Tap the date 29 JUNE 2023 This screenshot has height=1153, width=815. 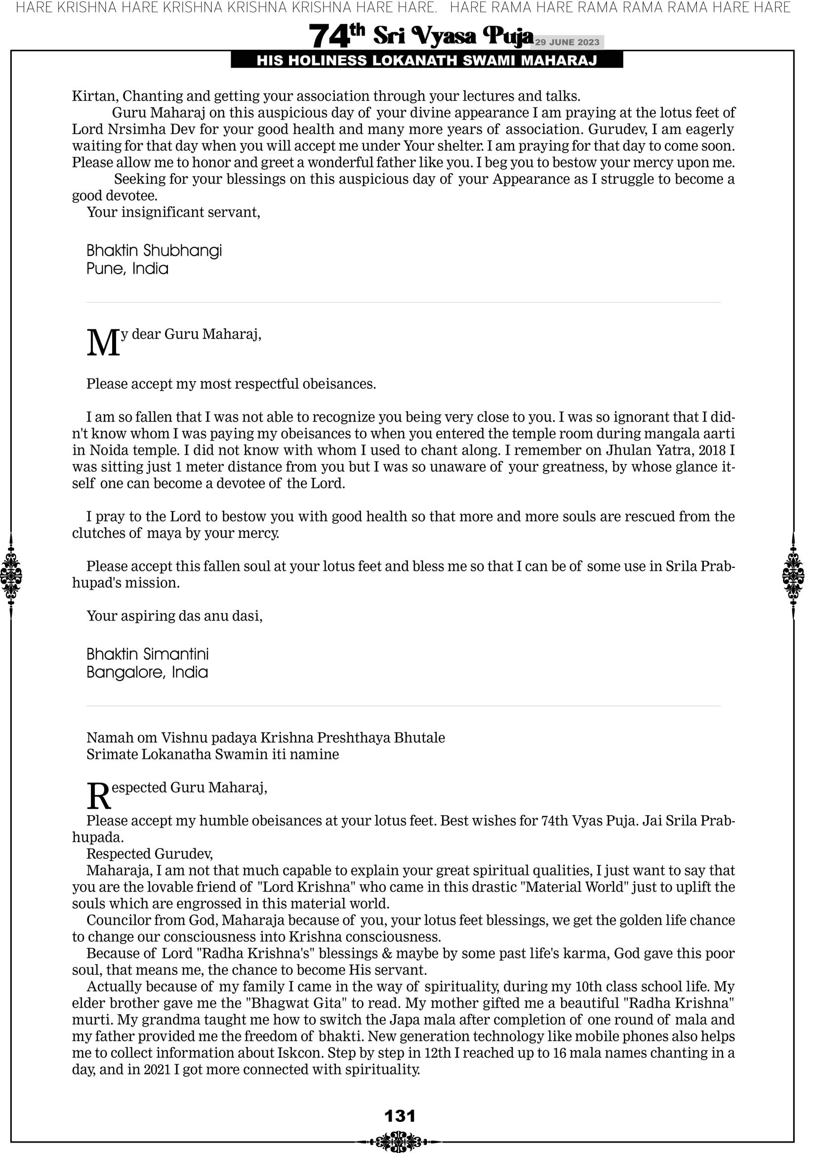point(567,42)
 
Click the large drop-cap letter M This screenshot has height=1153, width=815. point(104,344)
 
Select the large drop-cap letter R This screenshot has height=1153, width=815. point(98,797)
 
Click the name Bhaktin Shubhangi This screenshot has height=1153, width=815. point(154,250)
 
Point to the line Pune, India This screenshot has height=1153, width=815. point(127,269)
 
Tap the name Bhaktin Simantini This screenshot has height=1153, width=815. point(147,654)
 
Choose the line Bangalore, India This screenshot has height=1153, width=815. point(147,673)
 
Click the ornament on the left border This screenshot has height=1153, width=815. point(10,575)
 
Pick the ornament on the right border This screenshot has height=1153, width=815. point(793,575)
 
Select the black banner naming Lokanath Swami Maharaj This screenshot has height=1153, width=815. point(427,61)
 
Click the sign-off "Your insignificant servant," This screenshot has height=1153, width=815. point(173,212)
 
